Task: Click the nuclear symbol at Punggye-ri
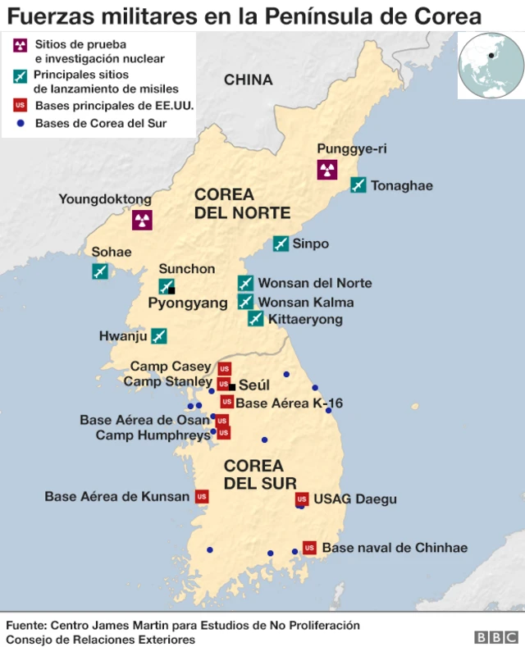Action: pyautogui.click(x=327, y=170)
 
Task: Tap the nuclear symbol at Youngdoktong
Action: pyautogui.click(x=142, y=220)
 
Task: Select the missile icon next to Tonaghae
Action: pyautogui.click(x=358, y=185)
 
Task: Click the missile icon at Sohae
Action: pyautogui.click(x=100, y=271)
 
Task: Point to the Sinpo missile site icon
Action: pyautogui.click(x=281, y=244)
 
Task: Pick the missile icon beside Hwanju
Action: pyautogui.click(x=159, y=335)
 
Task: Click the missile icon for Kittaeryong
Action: pyautogui.click(x=256, y=318)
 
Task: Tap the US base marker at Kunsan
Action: pyautogui.click(x=202, y=496)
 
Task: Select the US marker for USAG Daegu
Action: pyautogui.click(x=301, y=499)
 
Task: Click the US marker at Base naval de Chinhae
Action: pyautogui.click(x=309, y=547)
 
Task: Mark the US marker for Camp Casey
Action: pyautogui.click(x=224, y=368)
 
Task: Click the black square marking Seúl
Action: pyautogui.click(x=232, y=386)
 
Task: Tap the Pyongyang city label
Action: pyautogui.click(x=188, y=303)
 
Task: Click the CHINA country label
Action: pyautogui.click(x=248, y=80)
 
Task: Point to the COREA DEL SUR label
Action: pyautogui.click(x=260, y=474)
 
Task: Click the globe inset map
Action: pyautogui.click(x=491, y=66)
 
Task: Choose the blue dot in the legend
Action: pyautogui.click(x=21, y=124)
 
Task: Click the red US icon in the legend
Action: pyautogui.click(x=21, y=106)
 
